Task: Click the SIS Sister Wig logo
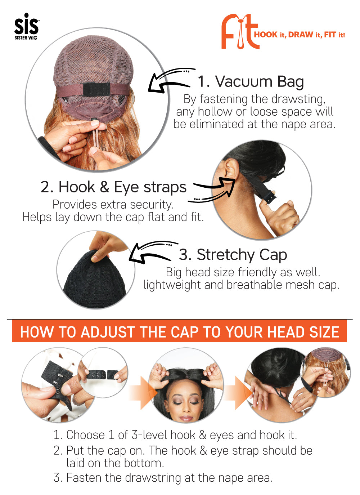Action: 27,26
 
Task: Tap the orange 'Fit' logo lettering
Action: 240,31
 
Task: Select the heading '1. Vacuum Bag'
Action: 251,82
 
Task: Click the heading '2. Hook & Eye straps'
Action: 113,187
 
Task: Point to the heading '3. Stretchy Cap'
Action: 233,255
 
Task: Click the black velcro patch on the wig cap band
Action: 96,89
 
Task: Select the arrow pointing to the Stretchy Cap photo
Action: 152,252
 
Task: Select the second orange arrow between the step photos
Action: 238,393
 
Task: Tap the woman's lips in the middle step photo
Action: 186,418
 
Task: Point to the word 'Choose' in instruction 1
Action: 85,435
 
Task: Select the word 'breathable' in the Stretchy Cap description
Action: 254,285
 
